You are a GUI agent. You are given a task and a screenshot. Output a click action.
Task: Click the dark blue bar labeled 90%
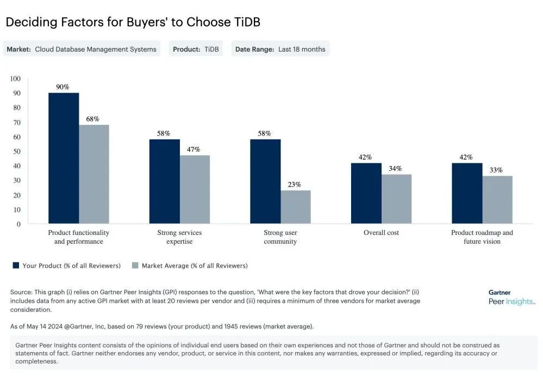tap(64, 158)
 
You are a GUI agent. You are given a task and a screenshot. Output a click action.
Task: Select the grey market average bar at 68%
tap(94, 174)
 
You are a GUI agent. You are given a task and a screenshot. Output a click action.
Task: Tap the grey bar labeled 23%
tap(296, 207)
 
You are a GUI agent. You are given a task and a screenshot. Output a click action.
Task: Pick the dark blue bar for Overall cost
tap(366, 193)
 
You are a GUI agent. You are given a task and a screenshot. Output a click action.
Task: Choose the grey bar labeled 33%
tap(497, 200)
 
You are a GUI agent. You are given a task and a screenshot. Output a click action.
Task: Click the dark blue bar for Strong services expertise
tap(164, 181)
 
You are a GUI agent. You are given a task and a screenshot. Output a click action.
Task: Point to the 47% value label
tap(194, 149)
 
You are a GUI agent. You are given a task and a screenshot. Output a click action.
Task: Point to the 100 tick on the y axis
tap(15, 79)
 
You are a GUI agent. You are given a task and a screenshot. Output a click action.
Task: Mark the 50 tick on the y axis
tap(16, 151)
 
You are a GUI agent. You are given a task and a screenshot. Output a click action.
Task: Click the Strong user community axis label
tap(280, 237)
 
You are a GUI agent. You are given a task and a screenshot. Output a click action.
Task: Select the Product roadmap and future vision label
tap(482, 237)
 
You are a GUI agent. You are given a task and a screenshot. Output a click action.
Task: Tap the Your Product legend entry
tap(66, 266)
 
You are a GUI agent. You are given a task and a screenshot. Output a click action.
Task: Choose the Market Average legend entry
tap(190, 266)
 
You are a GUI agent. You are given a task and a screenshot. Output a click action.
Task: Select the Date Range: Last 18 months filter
tap(280, 49)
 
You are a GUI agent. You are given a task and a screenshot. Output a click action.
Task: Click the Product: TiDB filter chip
tap(196, 49)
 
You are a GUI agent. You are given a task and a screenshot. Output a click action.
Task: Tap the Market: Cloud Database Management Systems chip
tap(82, 49)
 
